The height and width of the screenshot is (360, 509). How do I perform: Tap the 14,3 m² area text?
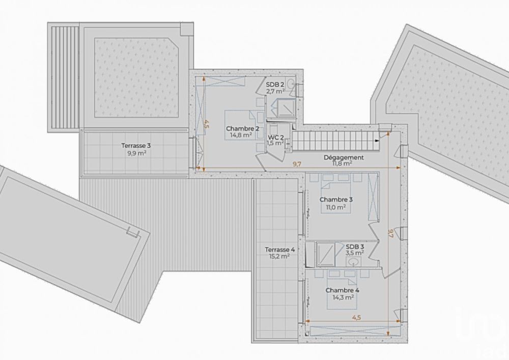(342, 298)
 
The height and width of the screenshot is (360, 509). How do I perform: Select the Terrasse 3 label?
(136, 145)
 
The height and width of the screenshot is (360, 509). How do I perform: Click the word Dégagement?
(344, 157)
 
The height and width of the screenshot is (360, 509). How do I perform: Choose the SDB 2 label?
(275, 85)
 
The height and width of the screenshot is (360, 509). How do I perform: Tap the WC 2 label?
(275, 137)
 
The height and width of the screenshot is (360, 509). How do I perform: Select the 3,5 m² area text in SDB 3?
(355, 252)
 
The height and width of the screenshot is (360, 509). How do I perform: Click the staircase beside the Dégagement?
(333, 140)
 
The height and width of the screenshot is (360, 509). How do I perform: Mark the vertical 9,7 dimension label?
(390, 234)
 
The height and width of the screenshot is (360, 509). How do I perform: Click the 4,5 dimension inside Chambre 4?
(357, 317)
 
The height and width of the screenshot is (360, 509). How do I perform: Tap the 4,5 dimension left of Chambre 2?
(206, 124)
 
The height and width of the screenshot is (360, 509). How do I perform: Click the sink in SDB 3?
(352, 262)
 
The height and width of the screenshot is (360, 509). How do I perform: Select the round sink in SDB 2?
(290, 84)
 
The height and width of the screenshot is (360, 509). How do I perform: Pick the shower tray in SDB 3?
(326, 253)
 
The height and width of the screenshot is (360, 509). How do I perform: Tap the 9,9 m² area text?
(136, 152)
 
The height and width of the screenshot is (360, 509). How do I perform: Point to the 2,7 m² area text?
(275, 92)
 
